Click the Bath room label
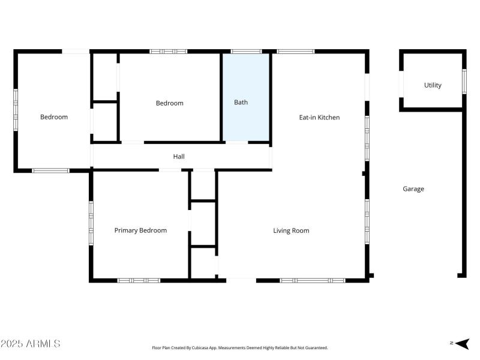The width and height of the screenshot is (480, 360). pyautogui.click(x=241, y=103)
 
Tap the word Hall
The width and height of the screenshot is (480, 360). pyautogui.click(x=179, y=157)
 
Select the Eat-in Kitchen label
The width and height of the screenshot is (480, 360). pyautogui.click(x=319, y=118)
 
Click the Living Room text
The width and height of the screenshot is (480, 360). pyautogui.click(x=291, y=230)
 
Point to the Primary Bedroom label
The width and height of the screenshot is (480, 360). pyautogui.click(x=140, y=230)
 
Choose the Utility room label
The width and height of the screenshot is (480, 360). pyautogui.click(x=433, y=85)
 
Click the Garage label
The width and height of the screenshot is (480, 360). pyautogui.click(x=413, y=189)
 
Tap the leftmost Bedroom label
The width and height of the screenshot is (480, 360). pyautogui.click(x=54, y=117)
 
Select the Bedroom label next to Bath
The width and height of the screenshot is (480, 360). pyautogui.click(x=169, y=103)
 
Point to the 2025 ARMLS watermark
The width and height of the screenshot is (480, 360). pyautogui.click(x=31, y=344)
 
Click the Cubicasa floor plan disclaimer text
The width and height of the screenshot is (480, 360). pyautogui.click(x=239, y=348)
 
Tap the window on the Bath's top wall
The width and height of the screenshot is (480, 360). pyautogui.click(x=246, y=52)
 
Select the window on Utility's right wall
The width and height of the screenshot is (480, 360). pyautogui.click(x=464, y=81)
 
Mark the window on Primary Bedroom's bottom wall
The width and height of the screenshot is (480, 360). pyautogui.click(x=139, y=280)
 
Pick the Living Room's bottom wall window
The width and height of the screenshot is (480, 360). pyautogui.click(x=312, y=280)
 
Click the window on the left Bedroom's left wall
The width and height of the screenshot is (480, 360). pyautogui.click(x=16, y=109)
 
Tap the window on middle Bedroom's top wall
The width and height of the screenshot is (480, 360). pyautogui.click(x=168, y=52)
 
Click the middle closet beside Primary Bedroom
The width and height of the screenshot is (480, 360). pyautogui.click(x=203, y=223)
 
